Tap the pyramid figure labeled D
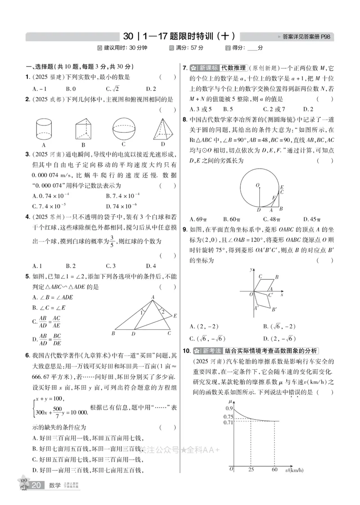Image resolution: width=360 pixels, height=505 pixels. point(162,129)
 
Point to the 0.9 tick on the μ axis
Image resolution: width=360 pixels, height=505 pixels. point(229,408)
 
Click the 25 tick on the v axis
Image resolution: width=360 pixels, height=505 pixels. point(250,470)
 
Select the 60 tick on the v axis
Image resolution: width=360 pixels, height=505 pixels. point(274,470)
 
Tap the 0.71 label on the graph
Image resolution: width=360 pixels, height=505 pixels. point(228,422)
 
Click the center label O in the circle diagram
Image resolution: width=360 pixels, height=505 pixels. point(257,185)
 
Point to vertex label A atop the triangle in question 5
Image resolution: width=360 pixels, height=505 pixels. point(153,296)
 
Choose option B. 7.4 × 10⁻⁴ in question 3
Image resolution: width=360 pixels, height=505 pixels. point(123,195)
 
